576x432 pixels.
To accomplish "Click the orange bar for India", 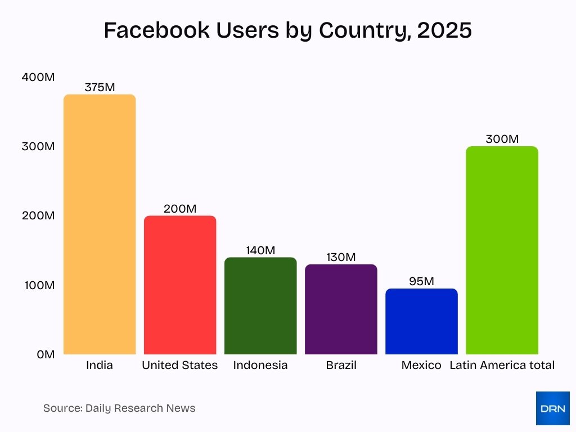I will coord(100,224).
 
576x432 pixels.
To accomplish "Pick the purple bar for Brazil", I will coord(341,309).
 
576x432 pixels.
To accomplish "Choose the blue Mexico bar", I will coord(421,321).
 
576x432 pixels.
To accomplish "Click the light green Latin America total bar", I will coord(502,250).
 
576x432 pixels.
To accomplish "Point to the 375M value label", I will coord(100,87).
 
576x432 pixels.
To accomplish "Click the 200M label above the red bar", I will coord(180,209).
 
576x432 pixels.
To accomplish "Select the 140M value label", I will coord(260,250).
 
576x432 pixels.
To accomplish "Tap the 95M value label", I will coord(421,281).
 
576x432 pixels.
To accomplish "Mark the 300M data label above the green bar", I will coord(502,139).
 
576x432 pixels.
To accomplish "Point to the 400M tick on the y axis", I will coord(38,77).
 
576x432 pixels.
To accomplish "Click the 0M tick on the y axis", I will coord(46,354).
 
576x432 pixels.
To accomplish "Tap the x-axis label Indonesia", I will coord(260,365).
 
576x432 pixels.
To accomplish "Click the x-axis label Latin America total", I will coord(502,365).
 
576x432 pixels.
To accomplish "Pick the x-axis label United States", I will coord(180,365).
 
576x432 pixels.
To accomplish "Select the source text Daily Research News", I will coord(140,408).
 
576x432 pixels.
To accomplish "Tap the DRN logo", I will coord(552,408).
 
